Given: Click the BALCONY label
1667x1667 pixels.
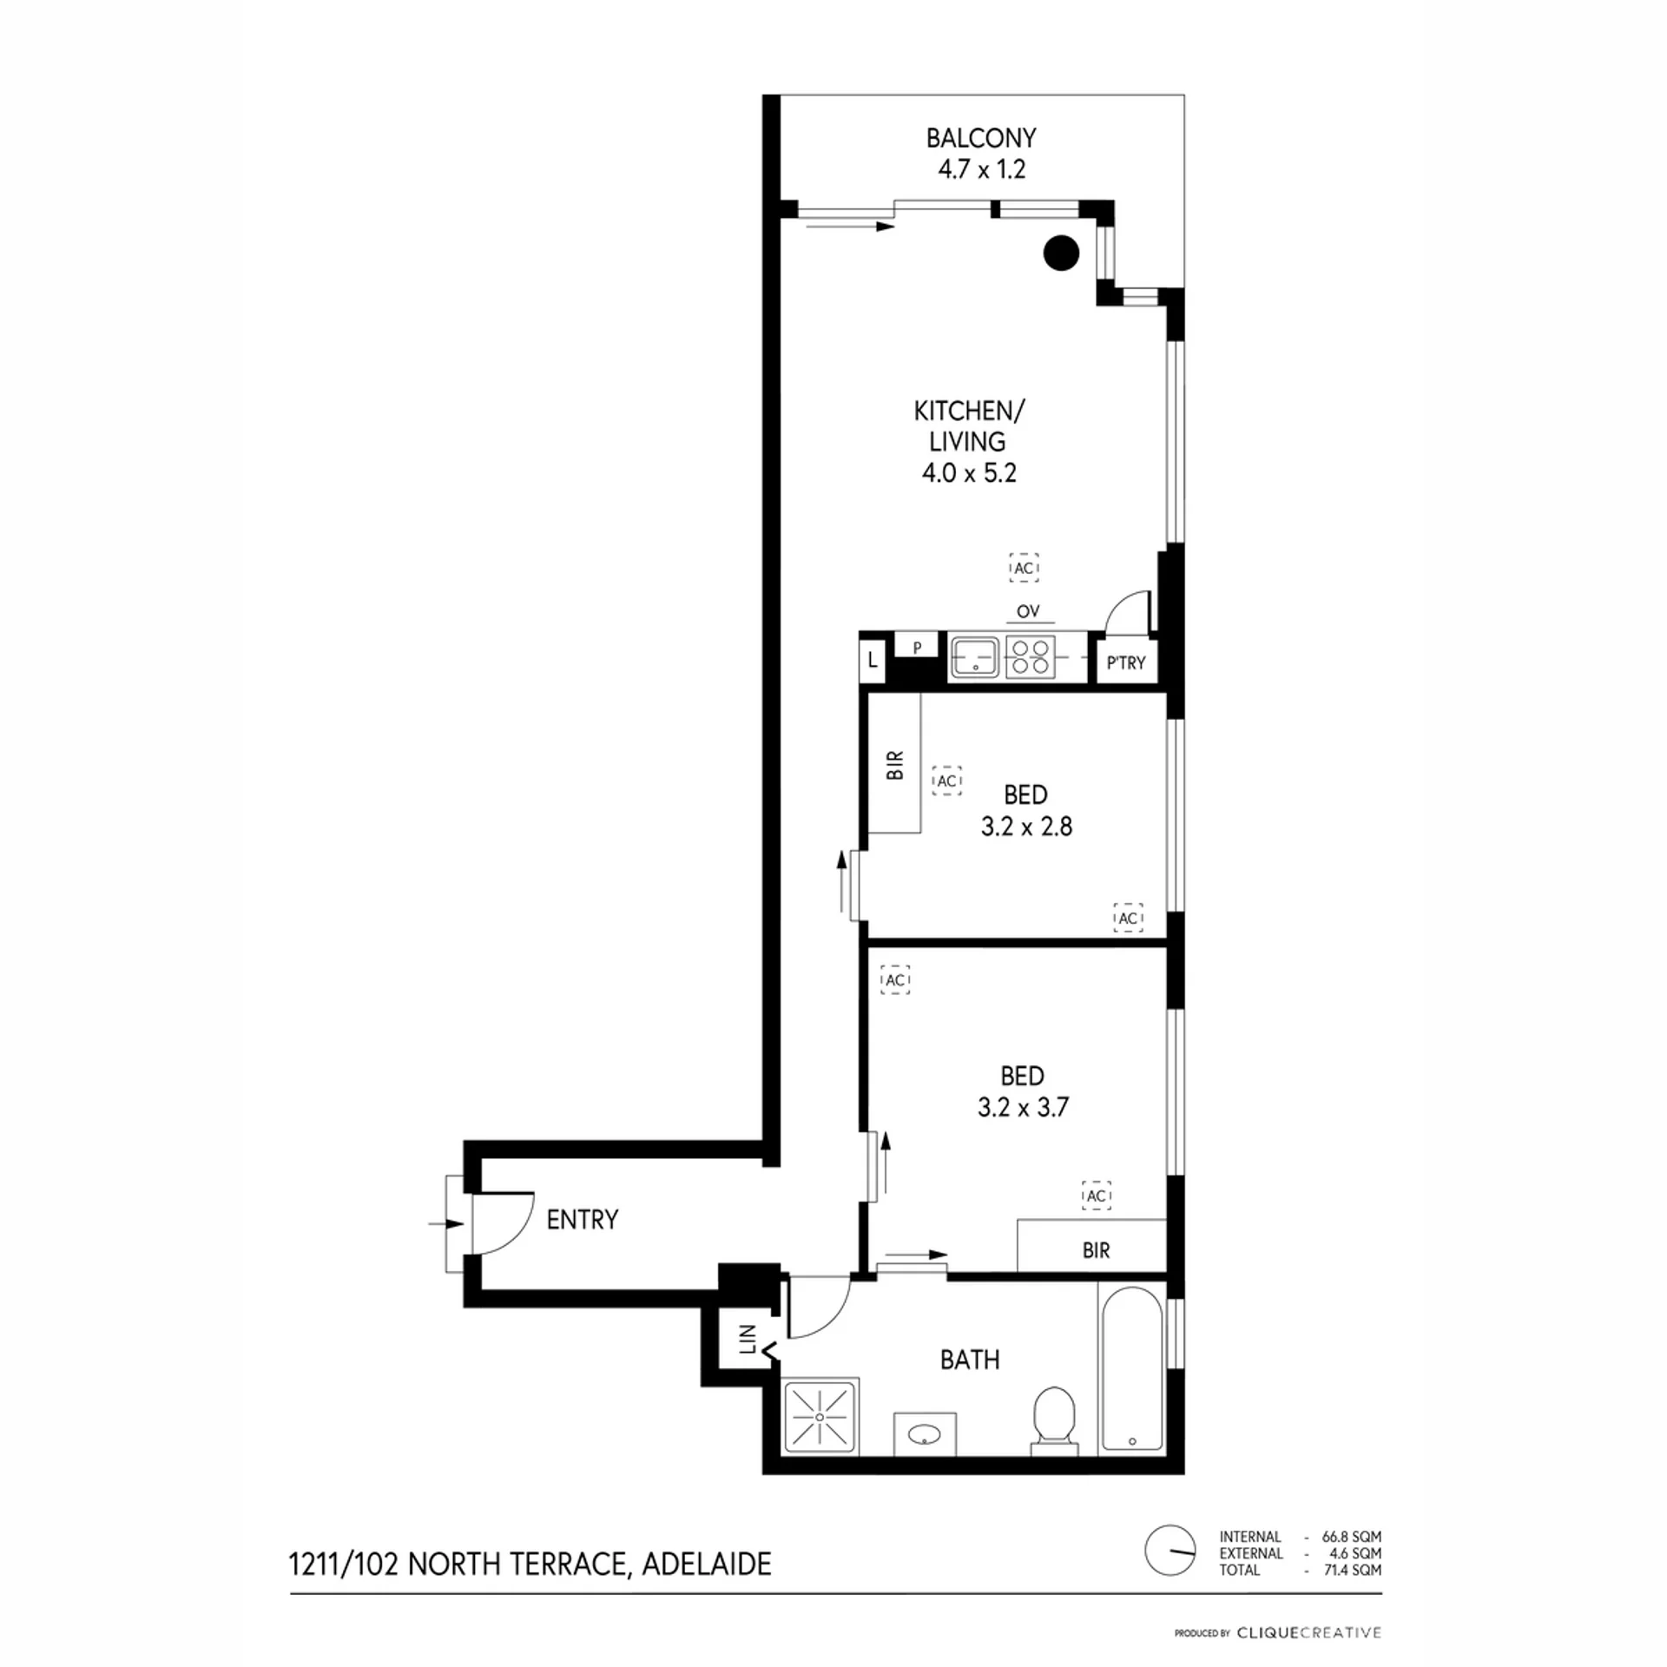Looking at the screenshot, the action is tap(981, 138).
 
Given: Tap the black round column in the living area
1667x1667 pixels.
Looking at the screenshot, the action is tap(1061, 253).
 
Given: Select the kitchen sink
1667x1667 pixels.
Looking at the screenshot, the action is tap(975, 656).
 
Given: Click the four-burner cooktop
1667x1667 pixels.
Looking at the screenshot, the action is tap(1031, 656).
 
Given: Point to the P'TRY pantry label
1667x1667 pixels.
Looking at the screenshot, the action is tap(1126, 663).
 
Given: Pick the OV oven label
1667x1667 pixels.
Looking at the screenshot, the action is tap(1028, 611).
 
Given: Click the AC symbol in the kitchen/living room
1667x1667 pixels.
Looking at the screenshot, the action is tap(1025, 568).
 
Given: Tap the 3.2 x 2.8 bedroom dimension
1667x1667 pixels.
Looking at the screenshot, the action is tap(1026, 826).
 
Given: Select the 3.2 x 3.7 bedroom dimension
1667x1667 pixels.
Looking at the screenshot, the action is tap(1023, 1107).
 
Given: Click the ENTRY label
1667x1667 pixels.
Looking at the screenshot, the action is tap(583, 1220).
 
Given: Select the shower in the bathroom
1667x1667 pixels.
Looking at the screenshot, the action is tap(820, 1416).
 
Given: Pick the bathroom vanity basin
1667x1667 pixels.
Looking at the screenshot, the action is tap(925, 1433).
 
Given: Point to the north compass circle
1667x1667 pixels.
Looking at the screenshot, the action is tap(1170, 1550).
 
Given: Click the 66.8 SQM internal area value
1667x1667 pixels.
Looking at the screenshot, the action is tap(1352, 1536).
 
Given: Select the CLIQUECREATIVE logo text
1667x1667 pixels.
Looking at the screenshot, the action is tap(1308, 1633).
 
